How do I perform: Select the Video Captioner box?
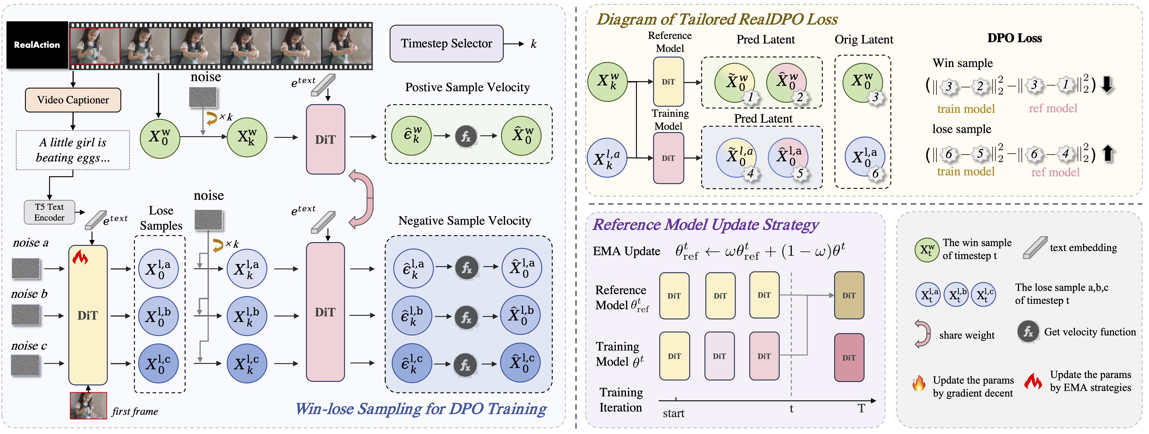click(73, 100)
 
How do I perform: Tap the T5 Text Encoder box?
click(49, 212)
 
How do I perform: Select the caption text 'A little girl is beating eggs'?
click(73, 150)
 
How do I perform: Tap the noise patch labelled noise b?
click(26, 315)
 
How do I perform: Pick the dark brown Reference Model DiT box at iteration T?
click(849, 295)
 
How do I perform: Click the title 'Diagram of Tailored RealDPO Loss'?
click(717, 19)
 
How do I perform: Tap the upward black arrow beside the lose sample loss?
click(1108, 154)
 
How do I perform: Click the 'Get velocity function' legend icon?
click(1028, 332)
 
